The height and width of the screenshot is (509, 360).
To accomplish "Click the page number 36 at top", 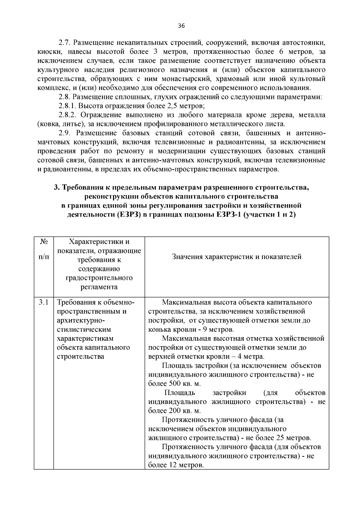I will pos(181,26).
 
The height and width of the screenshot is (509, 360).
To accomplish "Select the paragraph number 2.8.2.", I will pos(68,115).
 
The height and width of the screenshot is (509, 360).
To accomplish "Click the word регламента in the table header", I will pos(99,287).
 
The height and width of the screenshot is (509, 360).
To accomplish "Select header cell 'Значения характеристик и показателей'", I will pos(237,257).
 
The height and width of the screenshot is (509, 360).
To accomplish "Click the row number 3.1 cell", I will pos(44,302).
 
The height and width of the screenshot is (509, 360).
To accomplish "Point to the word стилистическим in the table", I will pos(80,329).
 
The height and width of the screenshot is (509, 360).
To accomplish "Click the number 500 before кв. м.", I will pos(171,384).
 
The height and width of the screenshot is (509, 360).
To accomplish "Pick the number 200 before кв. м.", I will pos(171,411).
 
